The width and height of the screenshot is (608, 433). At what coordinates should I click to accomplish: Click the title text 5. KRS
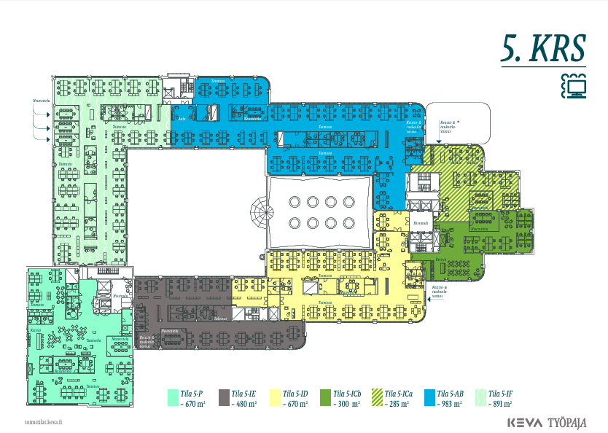[543, 48]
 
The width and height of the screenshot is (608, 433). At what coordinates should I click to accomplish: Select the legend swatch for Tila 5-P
[173, 397]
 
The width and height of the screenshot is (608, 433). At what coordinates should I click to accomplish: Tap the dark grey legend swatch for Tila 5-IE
[225, 397]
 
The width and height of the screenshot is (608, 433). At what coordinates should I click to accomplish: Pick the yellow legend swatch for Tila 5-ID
[276, 397]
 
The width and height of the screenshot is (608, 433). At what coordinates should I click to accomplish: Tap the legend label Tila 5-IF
[501, 393]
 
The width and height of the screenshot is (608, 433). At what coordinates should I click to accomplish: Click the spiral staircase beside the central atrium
[261, 214]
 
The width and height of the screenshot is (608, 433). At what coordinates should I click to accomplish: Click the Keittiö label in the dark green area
[440, 260]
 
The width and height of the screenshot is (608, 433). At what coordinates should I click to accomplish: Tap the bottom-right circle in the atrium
[348, 222]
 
